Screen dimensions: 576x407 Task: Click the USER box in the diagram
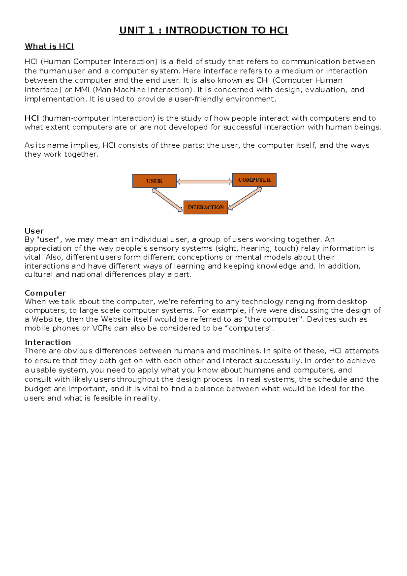click(x=154, y=181)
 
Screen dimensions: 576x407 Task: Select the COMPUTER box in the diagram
click(x=254, y=180)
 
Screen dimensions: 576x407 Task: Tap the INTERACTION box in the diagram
click(x=206, y=207)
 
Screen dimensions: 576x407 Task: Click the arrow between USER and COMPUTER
click(x=204, y=181)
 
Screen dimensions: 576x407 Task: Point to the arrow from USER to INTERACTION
click(x=167, y=200)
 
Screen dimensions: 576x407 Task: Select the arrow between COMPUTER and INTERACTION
click(x=245, y=198)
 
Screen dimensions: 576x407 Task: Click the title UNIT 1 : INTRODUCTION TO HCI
click(x=203, y=30)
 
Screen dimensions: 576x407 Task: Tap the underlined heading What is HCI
click(x=49, y=46)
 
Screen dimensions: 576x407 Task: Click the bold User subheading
click(x=34, y=231)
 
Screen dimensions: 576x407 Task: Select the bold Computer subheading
click(x=45, y=293)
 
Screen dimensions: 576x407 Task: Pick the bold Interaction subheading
click(x=48, y=342)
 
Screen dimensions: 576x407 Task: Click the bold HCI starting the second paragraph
click(x=32, y=118)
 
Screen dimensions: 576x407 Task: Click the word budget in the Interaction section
click(x=38, y=389)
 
